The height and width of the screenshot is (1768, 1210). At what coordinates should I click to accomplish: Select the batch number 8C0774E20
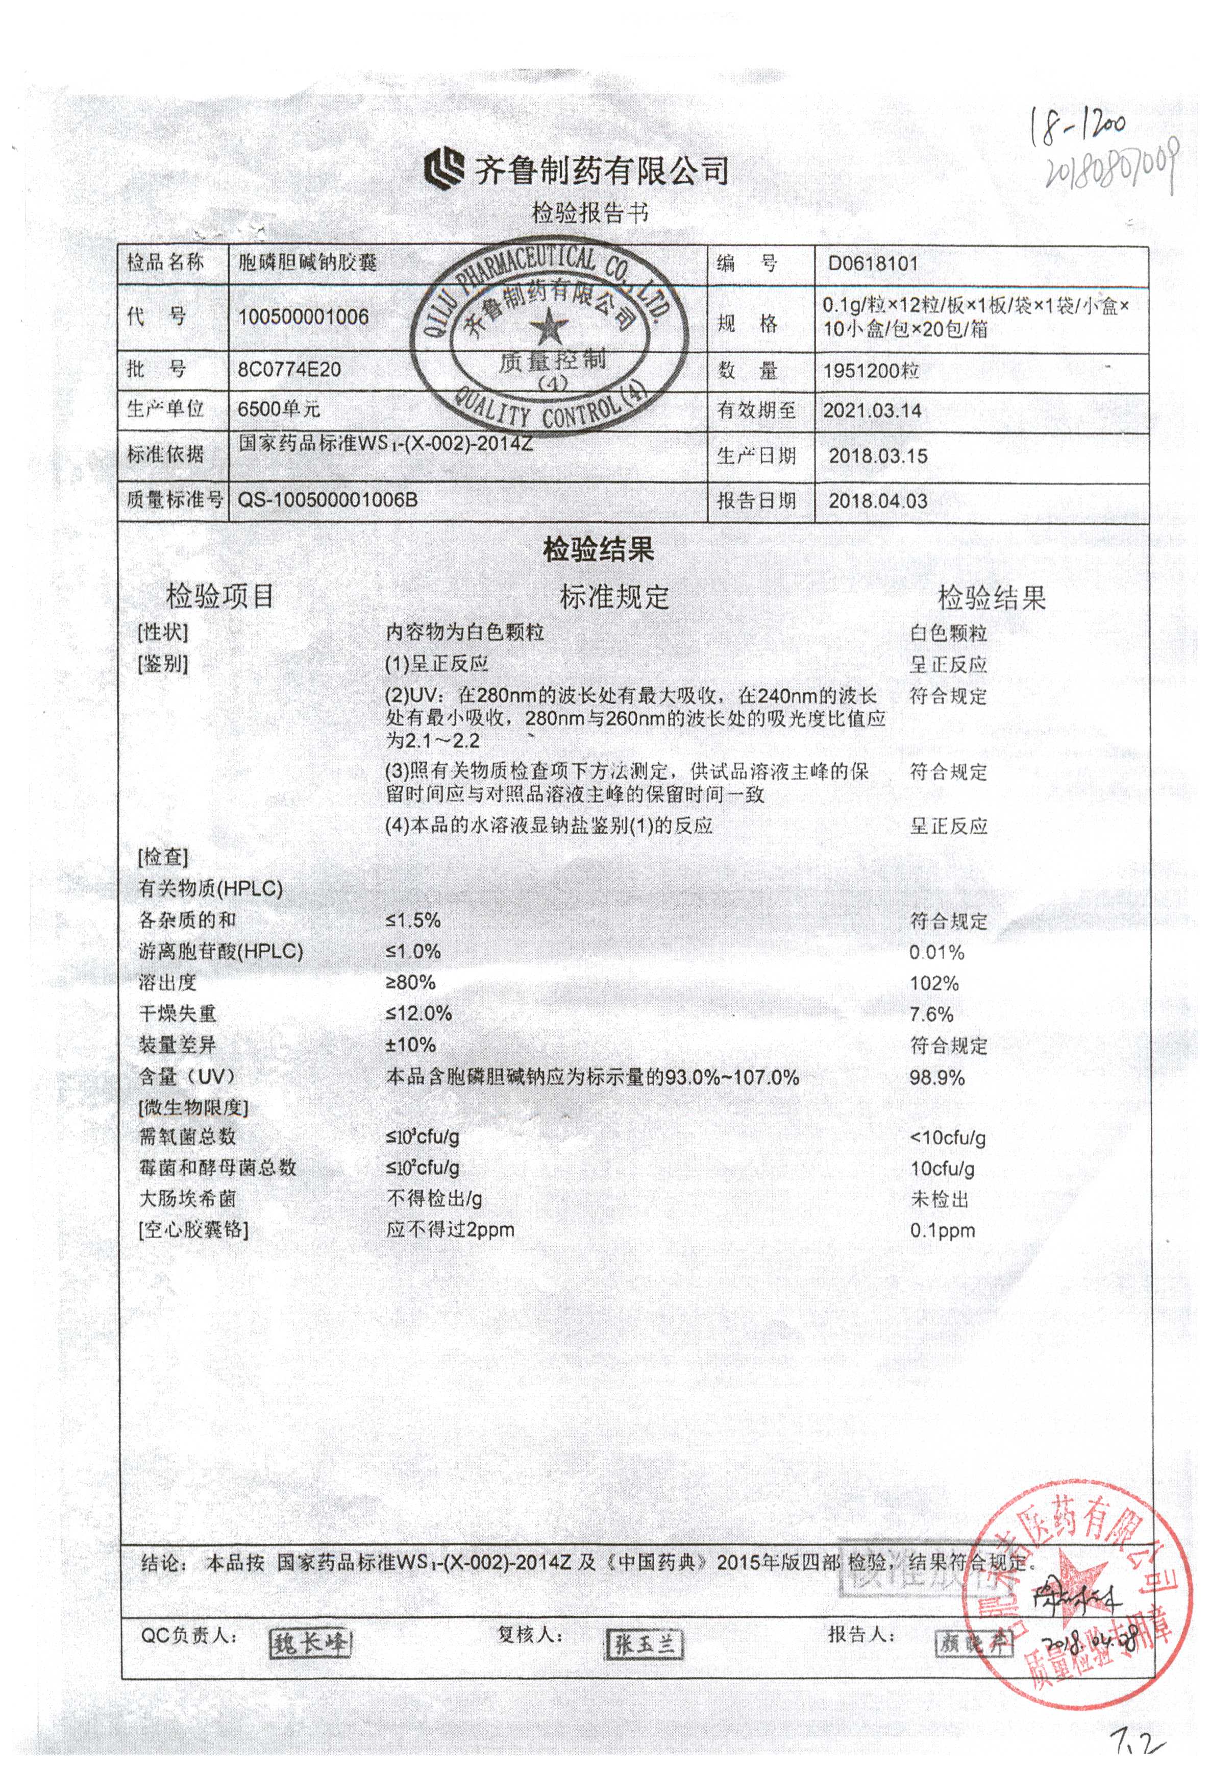point(289,370)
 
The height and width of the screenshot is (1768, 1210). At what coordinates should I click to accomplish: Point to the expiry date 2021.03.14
point(872,411)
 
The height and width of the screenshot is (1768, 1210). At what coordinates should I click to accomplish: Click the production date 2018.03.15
point(878,456)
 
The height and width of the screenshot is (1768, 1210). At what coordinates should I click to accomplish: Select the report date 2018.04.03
point(878,501)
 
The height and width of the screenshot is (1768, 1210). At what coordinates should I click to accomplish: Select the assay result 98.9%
point(937,1077)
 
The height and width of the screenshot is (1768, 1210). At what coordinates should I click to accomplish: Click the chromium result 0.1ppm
point(942,1230)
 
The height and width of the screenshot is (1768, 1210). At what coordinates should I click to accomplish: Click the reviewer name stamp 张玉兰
point(644,1645)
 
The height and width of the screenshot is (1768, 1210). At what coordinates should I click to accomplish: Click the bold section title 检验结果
point(598,549)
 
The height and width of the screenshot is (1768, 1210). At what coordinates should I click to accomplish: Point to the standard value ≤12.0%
point(418,1013)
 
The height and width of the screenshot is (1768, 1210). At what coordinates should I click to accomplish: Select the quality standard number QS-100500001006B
point(328,500)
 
